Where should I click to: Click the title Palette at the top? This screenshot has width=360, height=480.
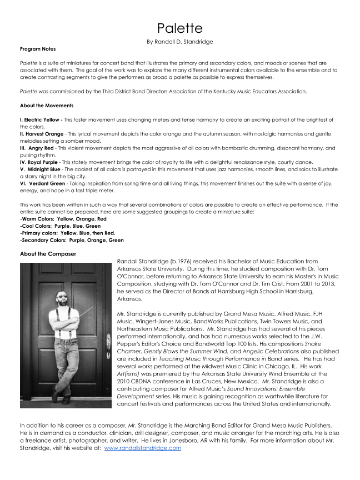[179, 28]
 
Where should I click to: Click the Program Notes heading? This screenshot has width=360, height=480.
[38, 49]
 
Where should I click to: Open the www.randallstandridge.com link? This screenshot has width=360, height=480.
[142, 448]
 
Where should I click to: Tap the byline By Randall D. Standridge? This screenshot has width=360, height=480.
[179, 42]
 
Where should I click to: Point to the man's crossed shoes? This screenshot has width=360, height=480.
[60, 395]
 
